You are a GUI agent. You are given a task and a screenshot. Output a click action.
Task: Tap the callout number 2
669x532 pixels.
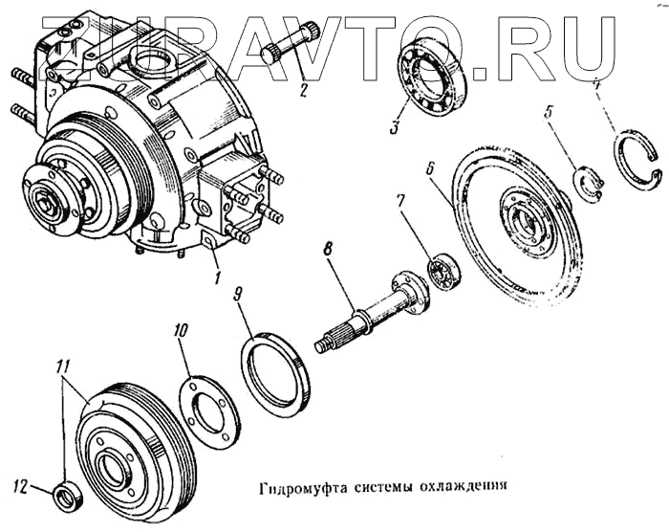pos(302,93)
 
